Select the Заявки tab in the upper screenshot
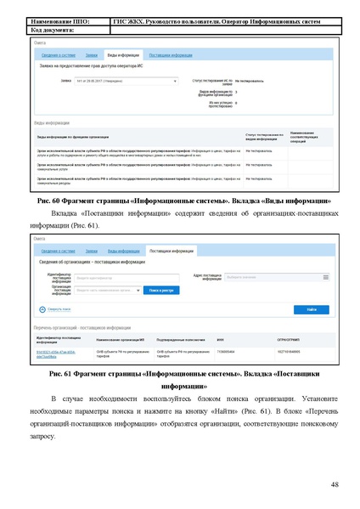click(x=91, y=54)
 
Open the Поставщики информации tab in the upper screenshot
click(x=170, y=54)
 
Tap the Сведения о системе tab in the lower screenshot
click(x=59, y=252)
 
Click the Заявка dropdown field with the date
click(x=126, y=81)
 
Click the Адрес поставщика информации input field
click(x=284, y=278)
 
